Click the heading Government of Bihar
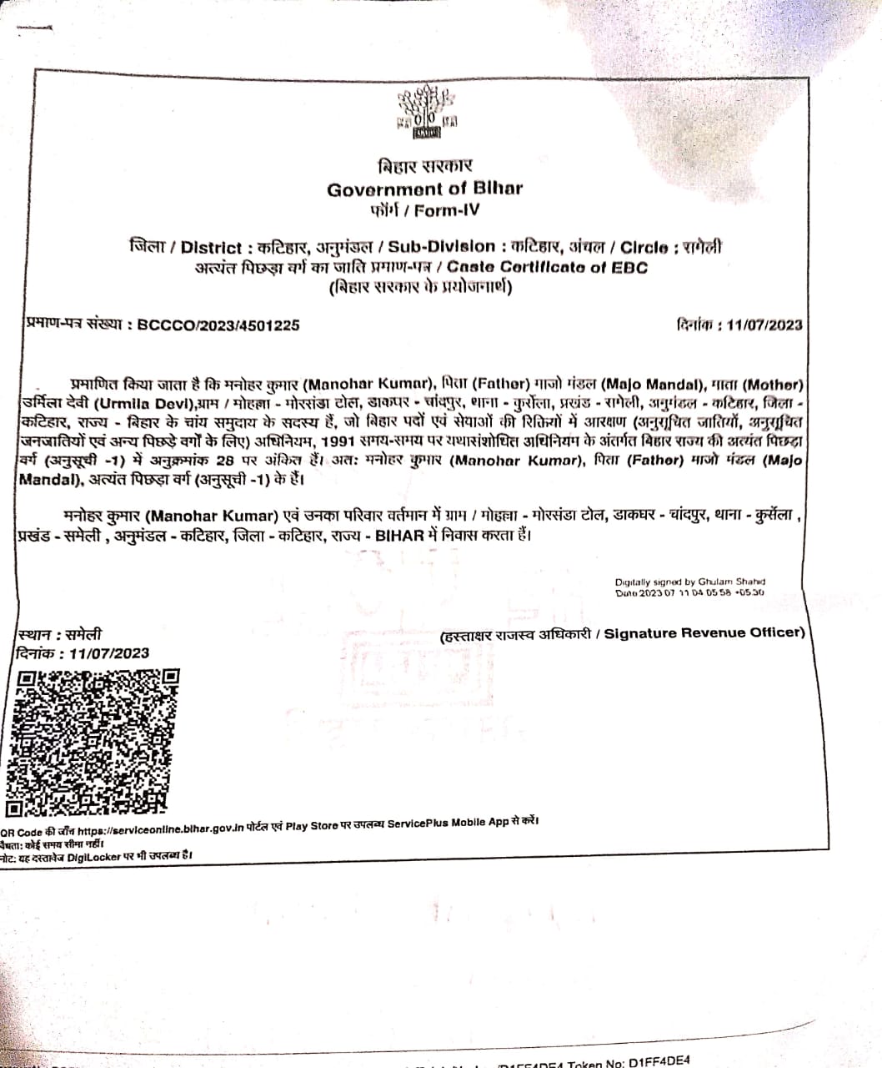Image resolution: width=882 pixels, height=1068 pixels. tap(424, 189)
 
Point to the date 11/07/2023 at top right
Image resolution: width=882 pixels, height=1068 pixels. tap(764, 325)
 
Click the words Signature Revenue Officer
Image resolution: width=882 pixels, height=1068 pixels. tap(704, 633)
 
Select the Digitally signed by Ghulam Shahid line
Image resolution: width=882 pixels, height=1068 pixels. tap(689, 582)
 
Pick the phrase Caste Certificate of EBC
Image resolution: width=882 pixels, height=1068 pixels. tap(547, 267)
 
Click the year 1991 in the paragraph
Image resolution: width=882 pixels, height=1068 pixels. tap(343, 442)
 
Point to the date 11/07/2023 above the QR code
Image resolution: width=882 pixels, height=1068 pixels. tap(109, 653)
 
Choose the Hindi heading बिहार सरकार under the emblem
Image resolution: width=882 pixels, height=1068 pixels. tap(424, 167)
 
